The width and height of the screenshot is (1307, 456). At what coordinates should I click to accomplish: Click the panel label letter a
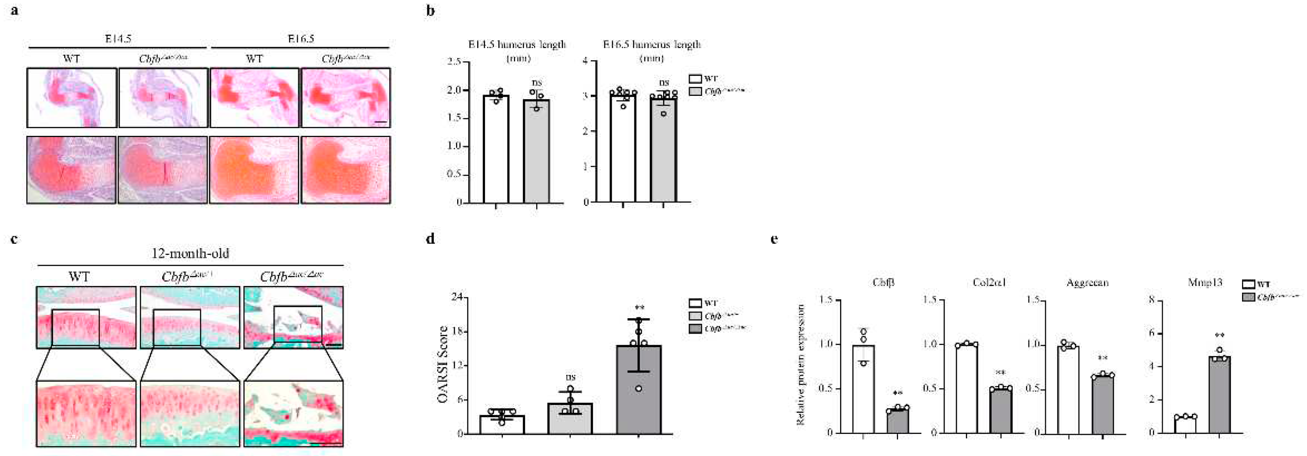pyautogui.click(x=15, y=10)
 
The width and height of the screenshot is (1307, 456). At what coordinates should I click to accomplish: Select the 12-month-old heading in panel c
pyautogui.click(x=190, y=253)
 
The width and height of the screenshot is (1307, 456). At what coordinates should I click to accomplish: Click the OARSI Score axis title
pyautogui.click(x=443, y=364)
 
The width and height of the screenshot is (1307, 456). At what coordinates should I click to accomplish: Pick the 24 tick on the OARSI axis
pyautogui.click(x=456, y=297)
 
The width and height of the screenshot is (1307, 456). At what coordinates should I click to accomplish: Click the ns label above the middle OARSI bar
pyautogui.click(x=570, y=377)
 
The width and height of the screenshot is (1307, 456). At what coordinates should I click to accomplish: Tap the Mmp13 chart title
pyautogui.click(x=1204, y=283)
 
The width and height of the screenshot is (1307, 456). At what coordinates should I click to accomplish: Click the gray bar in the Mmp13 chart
pyautogui.click(x=1219, y=395)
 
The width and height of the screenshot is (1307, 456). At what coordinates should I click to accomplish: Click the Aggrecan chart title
pyautogui.click(x=1087, y=283)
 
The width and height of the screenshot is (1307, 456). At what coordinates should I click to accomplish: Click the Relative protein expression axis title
pyautogui.click(x=801, y=364)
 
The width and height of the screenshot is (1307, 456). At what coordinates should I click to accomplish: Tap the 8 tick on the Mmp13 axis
pyautogui.click(x=1152, y=301)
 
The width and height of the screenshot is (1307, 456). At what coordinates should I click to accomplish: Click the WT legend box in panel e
pyautogui.click(x=1249, y=285)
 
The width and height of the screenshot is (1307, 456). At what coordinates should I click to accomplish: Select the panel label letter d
pyautogui.click(x=430, y=239)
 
